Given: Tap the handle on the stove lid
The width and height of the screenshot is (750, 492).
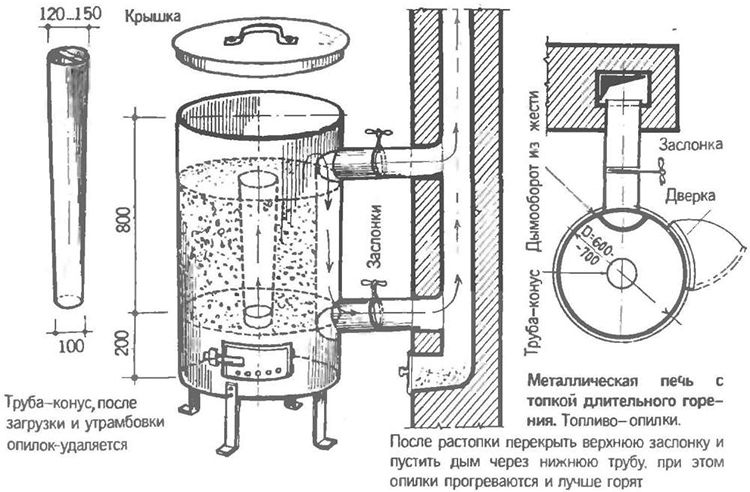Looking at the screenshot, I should click(x=255, y=36).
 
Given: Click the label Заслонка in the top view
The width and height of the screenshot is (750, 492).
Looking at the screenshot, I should click(x=690, y=144).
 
